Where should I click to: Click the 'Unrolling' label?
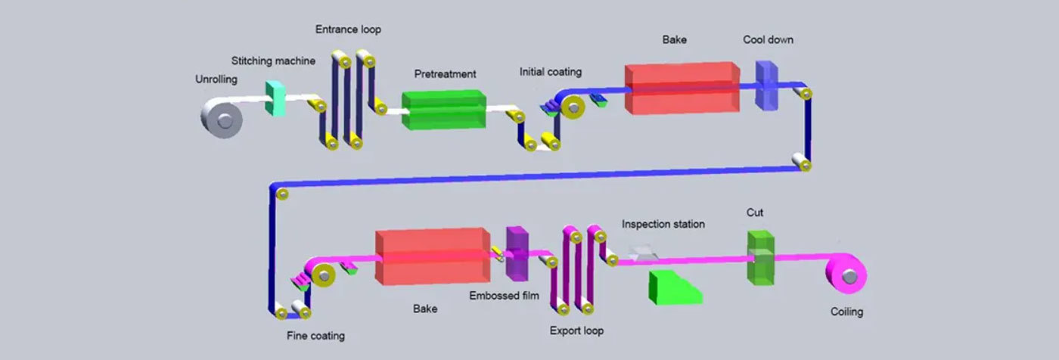[216, 79]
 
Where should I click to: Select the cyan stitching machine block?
[275, 99]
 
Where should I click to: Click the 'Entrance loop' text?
[348, 29]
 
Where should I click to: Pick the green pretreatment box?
[443, 110]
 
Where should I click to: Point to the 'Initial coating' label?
[551, 72]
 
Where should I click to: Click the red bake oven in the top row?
[681, 88]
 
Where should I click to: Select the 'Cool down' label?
[768, 39]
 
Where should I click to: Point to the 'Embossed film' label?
[504, 296]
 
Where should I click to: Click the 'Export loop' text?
[576, 331]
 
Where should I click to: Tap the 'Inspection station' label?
[663, 225]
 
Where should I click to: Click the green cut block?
[760, 257]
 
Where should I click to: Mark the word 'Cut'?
[755, 213]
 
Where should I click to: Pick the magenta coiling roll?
[848, 278]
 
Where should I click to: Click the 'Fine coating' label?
[315, 335]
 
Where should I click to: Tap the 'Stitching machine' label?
[273, 61]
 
